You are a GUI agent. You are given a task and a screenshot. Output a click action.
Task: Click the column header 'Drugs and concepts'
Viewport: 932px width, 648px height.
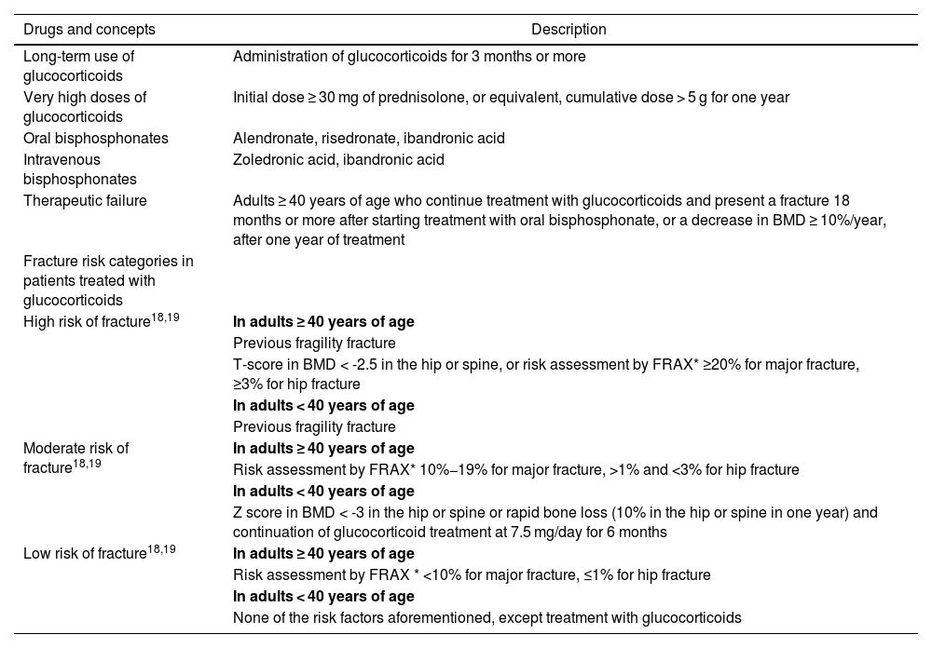pos(89,30)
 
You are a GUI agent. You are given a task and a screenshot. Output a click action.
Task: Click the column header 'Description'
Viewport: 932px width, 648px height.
pos(569,30)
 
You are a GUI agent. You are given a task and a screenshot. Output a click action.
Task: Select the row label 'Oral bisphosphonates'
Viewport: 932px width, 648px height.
pos(96,139)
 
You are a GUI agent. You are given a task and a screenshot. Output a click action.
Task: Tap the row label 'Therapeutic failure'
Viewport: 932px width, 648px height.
pos(85,200)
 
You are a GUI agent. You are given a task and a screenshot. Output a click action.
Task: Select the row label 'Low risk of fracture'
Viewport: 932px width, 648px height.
pos(85,553)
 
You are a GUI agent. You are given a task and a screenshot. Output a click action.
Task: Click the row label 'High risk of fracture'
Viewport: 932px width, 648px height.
pos(87,322)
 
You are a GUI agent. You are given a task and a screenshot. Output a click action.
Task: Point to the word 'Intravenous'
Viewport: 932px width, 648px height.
pos(62,159)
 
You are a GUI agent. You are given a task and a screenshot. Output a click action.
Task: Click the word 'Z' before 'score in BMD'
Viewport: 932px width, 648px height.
pos(238,512)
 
